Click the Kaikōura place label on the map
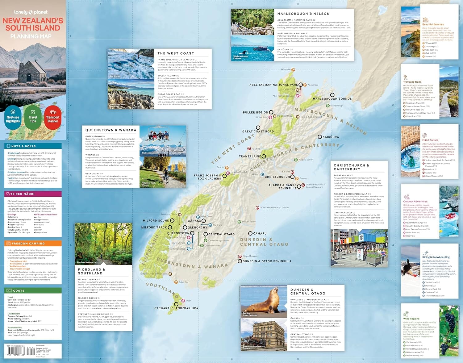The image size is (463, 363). click(x=331, y=137)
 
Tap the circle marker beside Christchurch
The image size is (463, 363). click(x=292, y=177)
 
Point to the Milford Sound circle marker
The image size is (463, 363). click(x=172, y=221)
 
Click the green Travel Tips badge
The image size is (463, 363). click(x=33, y=116)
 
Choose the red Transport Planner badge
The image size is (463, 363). click(x=52, y=116)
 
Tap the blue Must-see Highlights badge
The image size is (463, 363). click(x=13, y=116)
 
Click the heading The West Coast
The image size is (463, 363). click(x=176, y=53)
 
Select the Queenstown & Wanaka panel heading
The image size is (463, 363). click(x=111, y=130)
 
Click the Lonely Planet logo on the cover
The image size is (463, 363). click(x=31, y=12)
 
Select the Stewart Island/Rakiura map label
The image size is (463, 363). click(x=176, y=308)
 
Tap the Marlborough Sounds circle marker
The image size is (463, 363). click(x=332, y=95)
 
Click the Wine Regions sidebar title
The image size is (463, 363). click(x=411, y=319)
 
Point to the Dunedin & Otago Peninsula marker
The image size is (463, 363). click(x=240, y=261)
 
